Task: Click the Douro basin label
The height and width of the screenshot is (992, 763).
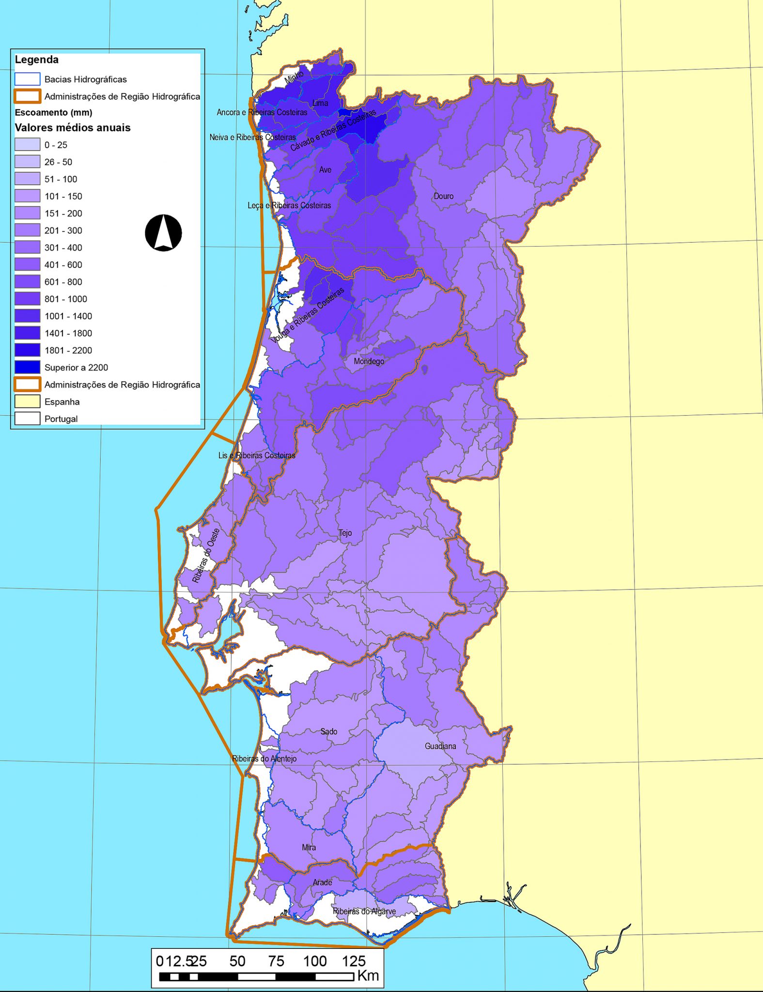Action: coord(443,196)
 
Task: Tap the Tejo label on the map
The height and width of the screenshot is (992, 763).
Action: coord(345,533)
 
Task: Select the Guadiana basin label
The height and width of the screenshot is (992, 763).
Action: coord(440,746)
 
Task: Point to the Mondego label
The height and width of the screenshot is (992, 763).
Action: coord(369,361)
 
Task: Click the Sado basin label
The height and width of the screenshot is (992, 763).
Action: coord(328,731)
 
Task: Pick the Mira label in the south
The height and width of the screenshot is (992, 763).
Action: coord(309,847)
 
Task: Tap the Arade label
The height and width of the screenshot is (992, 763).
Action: coord(322,882)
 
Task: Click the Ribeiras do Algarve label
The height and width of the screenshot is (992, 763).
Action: coord(364,911)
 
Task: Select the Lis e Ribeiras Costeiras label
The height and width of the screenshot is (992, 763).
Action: coord(257,455)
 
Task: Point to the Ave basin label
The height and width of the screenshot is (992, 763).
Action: coord(325,170)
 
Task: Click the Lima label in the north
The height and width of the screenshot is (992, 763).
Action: coord(320,103)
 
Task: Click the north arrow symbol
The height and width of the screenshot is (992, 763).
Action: coord(163,233)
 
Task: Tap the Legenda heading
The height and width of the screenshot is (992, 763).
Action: coord(37,60)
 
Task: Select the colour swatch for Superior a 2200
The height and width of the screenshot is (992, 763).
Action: coord(27,367)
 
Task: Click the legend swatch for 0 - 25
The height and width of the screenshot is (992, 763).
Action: coord(27,144)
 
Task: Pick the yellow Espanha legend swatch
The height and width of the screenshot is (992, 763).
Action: coord(27,402)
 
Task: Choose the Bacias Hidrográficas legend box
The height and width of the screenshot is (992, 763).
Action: coord(27,79)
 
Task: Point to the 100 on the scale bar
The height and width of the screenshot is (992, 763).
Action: coord(314,961)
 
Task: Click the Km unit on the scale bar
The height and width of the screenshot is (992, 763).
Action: coord(368,975)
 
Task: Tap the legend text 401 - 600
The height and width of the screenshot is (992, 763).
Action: coord(63,264)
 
